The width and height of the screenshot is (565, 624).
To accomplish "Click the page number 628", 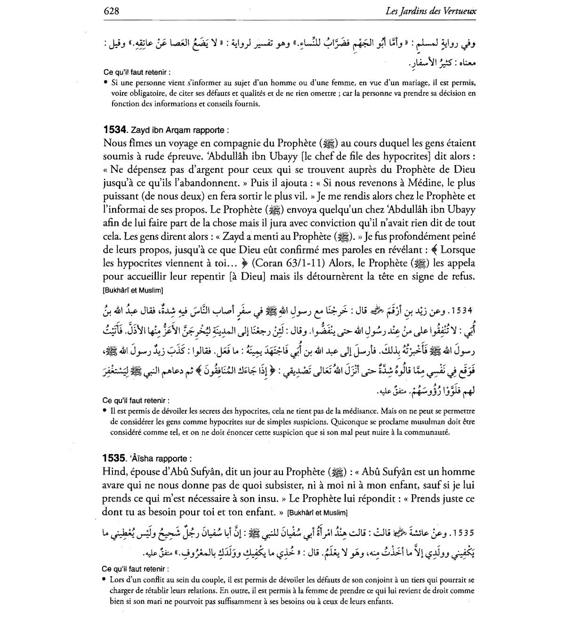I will point(111,10).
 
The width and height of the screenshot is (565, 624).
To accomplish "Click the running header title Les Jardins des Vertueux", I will point(430,10).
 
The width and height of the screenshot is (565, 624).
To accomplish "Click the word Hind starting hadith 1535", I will point(113,472).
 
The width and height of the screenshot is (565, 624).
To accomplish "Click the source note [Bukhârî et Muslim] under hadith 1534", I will point(133,290).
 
